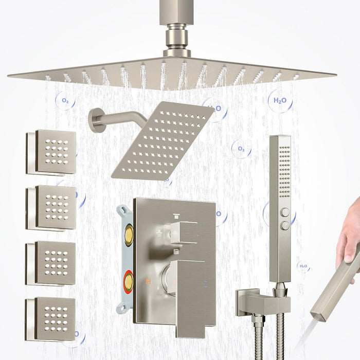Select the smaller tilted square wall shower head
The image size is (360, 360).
pyautogui.click(x=162, y=140)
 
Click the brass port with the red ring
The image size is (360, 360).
pyautogui.click(x=128, y=282)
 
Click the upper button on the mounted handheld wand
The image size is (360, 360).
pyautogui.click(x=284, y=211)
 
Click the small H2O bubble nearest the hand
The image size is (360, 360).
pyautogui.click(x=303, y=266)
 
